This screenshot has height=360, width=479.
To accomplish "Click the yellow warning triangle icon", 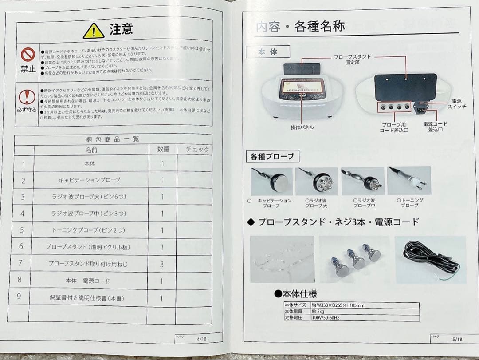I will click(x=93, y=31).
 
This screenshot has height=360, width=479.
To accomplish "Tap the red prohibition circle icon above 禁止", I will click(x=28, y=54).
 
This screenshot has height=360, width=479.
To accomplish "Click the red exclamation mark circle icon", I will click(x=27, y=96).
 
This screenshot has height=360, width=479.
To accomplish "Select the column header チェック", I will click(x=194, y=150).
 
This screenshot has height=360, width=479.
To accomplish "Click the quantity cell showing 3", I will click(x=162, y=264).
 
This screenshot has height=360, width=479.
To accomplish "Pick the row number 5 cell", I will click(x=22, y=230).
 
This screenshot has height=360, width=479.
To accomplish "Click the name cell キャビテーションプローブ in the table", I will click(x=90, y=180).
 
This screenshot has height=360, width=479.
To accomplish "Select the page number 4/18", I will click(x=201, y=339).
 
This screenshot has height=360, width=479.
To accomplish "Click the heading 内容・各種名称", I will click(x=300, y=27).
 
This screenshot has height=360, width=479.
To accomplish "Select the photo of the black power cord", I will click(x=430, y=259).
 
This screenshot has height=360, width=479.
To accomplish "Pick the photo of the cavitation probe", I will click(x=271, y=181).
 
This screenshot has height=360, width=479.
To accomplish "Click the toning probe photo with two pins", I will click(x=408, y=181).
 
